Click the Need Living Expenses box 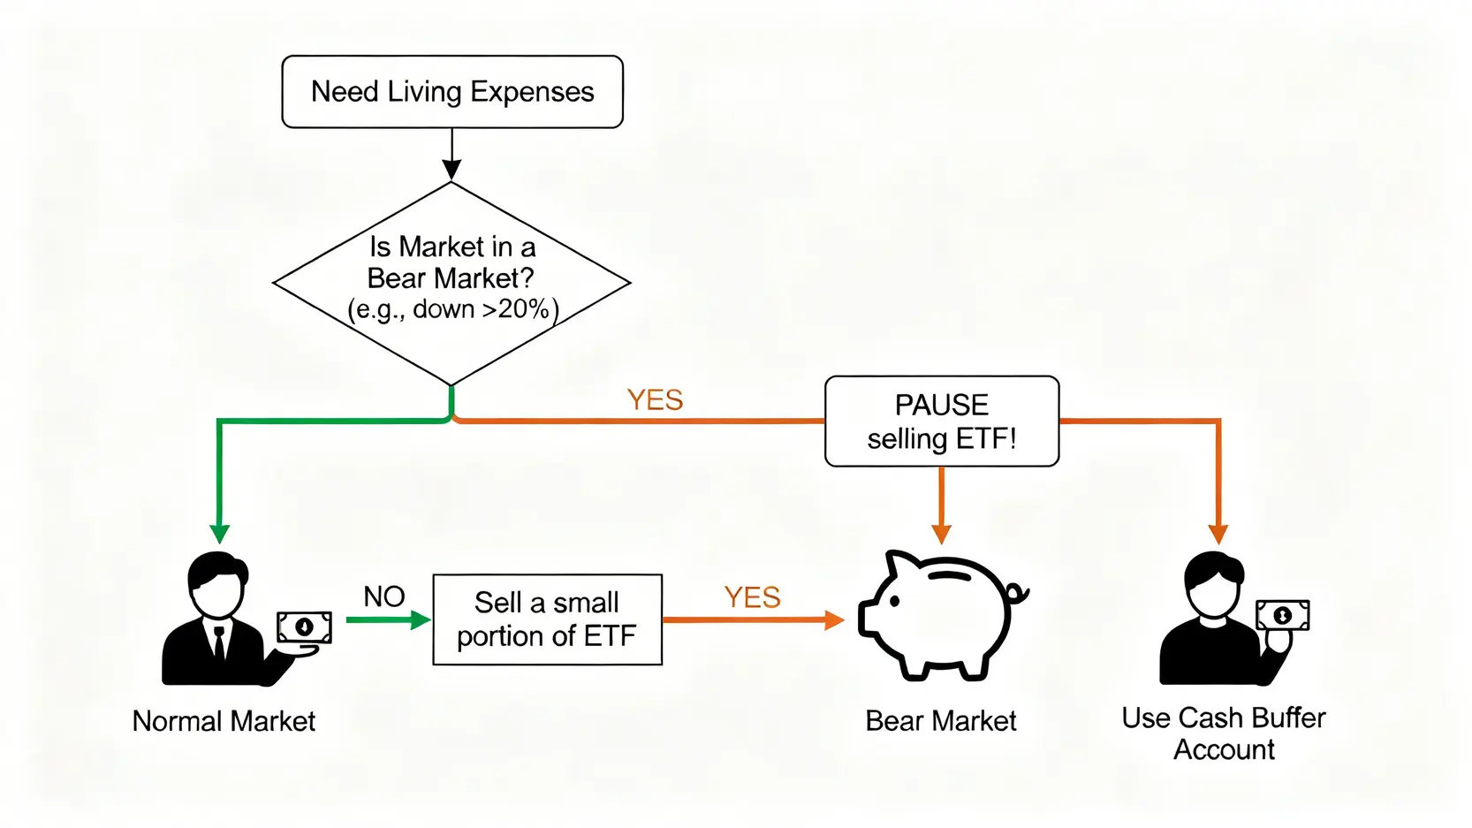click(452, 92)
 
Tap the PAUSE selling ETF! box click(942, 422)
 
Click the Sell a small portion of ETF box click(547, 619)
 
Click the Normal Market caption click(224, 721)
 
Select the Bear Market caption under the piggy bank click(941, 721)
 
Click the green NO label click(384, 596)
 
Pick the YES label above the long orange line click(655, 400)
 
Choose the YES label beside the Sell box click(752, 597)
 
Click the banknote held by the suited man click(304, 627)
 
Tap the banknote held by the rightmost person click(1283, 615)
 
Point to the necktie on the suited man click(218, 642)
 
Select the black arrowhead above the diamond click(451, 170)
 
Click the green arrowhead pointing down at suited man click(220, 534)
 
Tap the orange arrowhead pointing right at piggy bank click(833, 620)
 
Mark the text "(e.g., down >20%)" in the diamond click(452, 310)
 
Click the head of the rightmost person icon click(1214, 584)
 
